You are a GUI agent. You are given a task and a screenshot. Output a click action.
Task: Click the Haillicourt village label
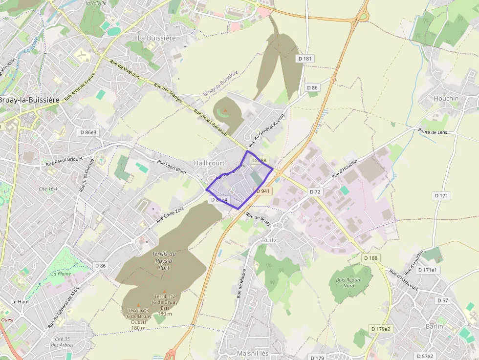[x=209, y=163]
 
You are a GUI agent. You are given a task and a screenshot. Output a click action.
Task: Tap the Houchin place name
[x=446, y=98]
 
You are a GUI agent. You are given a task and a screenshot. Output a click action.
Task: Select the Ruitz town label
[x=270, y=240]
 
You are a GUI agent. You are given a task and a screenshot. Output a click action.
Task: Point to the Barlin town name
[x=434, y=326]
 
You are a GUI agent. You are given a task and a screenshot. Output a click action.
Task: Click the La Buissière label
[x=156, y=38]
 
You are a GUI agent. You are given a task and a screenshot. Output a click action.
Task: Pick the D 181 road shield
[x=305, y=59]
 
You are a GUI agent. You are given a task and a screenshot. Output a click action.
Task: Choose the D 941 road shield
[x=262, y=191]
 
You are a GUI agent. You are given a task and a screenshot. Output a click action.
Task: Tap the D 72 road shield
[x=315, y=192]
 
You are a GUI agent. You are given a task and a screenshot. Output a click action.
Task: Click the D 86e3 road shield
[x=88, y=132]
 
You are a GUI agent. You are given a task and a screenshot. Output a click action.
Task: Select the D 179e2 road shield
[x=381, y=329]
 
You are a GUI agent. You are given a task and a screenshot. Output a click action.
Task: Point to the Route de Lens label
[x=433, y=132]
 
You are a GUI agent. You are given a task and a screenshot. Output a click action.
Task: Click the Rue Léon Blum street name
[x=172, y=166]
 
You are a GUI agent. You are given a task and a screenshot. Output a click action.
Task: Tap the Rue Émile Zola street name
[x=170, y=215]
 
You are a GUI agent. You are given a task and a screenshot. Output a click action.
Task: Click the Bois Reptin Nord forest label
[x=348, y=283]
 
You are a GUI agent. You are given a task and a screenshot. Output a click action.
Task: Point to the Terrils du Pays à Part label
[x=164, y=260]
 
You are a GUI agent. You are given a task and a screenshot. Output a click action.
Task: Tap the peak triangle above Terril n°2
[x=164, y=291]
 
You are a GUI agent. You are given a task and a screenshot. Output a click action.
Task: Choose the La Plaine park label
[x=61, y=274]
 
